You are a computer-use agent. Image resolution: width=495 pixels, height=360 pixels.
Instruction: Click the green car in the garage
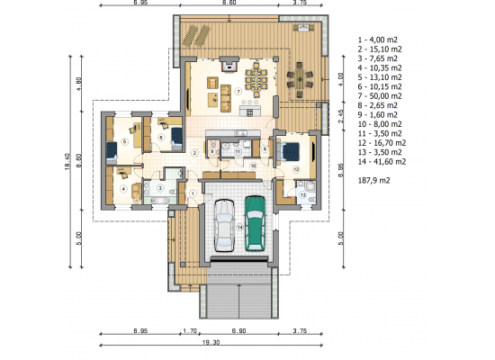pyautogui.click(x=255, y=223)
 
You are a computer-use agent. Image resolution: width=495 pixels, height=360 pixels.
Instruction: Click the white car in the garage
pyautogui.click(x=224, y=225)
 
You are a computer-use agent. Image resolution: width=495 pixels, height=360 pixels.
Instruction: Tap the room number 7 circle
pyautogui.click(x=238, y=92)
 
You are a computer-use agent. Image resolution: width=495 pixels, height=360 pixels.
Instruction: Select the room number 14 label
pyautogui.click(x=240, y=228)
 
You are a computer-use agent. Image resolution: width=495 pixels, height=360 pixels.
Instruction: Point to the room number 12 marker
pyautogui.click(x=296, y=169)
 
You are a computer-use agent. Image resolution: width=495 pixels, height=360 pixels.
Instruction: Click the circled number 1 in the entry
pyautogui.click(x=193, y=193)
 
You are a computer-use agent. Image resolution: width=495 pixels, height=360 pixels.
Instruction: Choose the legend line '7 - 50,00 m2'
pyautogui.click(x=380, y=96)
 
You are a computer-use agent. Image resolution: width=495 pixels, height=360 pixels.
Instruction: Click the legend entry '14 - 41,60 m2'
pyautogui.click(x=382, y=162)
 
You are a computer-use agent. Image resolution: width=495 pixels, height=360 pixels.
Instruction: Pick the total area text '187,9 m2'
pyautogui.click(x=374, y=181)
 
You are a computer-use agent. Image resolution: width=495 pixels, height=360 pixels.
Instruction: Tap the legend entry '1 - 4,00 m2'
pyautogui.click(x=378, y=40)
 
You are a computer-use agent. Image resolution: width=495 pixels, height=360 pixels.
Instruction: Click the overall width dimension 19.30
pyautogui.click(x=211, y=342)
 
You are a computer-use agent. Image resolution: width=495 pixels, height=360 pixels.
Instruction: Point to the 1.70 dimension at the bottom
pyautogui.click(x=190, y=331)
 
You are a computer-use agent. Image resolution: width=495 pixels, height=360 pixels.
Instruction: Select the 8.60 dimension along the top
pyautogui.click(x=229, y=3)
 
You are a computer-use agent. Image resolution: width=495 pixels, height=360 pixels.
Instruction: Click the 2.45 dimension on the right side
pyautogui.click(x=340, y=116)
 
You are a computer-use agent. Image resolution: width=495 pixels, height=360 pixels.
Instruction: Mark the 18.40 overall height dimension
pyautogui.click(x=67, y=162)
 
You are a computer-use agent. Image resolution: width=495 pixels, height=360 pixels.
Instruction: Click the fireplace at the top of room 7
pyautogui.click(x=229, y=65)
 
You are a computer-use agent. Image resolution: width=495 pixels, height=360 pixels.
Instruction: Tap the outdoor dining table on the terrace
pyautogui.click(x=300, y=79)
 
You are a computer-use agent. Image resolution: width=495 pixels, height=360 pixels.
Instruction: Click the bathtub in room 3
pyautogui.click(x=160, y=200)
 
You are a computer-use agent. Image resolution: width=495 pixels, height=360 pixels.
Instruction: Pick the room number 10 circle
pyautogui.click(x=253, y=166)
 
